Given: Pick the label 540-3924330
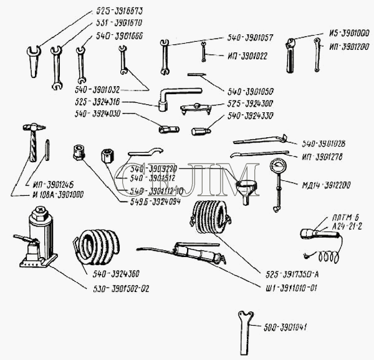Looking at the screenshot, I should click(x=249, y=116).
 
